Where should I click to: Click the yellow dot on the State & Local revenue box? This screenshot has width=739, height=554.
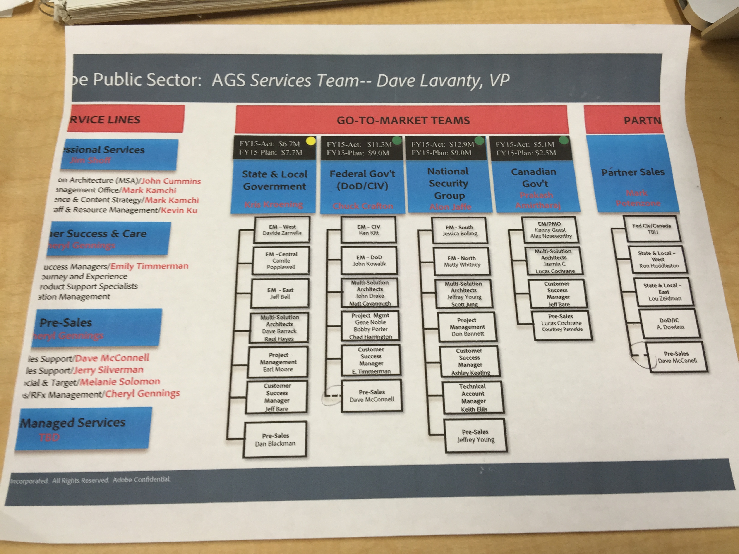[x=311, y=141]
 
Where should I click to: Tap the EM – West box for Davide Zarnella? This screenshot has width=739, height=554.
[x=282, y=230]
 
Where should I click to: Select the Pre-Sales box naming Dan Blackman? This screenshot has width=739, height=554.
[x=275, y=439]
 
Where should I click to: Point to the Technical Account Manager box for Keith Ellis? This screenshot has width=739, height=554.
[x=473, y=397]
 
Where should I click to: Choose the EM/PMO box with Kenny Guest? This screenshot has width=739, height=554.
[x=550, y=230]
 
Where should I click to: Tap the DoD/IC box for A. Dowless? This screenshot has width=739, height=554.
[x=670, y=324]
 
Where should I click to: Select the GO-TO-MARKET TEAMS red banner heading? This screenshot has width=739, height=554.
[x=403, y=120]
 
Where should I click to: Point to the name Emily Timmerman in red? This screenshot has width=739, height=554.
[x=149, y=266]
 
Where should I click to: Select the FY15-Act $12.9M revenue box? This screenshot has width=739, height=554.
[x=442, y=149]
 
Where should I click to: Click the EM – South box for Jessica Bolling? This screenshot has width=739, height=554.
[x=460, y=230]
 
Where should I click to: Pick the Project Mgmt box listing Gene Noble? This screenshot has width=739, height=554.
[x=370, y=326]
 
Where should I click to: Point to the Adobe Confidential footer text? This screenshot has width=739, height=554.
[x=142, y=480]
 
